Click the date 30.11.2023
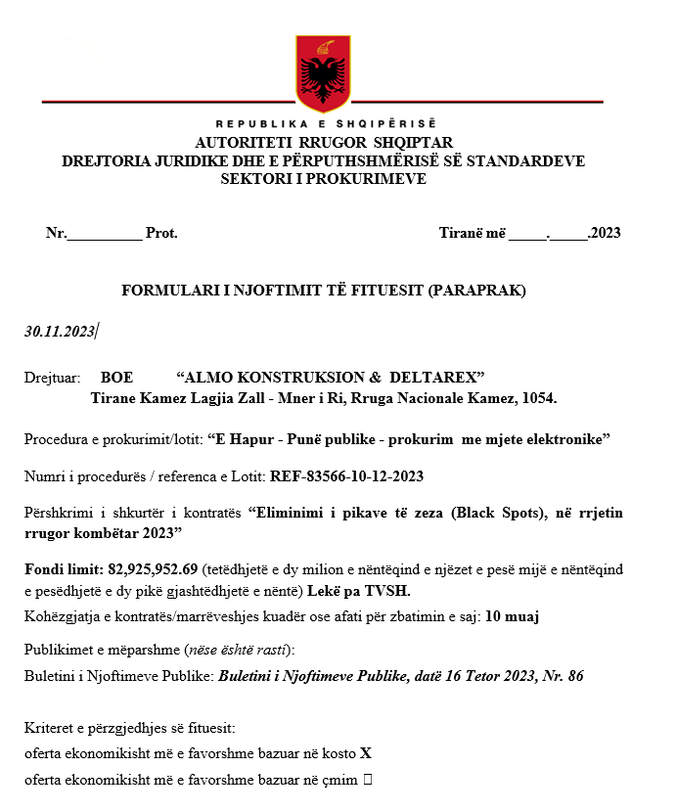(x=59, y=332)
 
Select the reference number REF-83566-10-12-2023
(x=346, y=476)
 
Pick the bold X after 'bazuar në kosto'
(x=366, y=754)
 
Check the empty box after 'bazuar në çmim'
(x=367, y=780)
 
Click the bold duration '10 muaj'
(x=513, y=616)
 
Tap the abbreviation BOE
(x=116, y=378)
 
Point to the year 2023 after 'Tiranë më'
(x=605, y=233)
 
